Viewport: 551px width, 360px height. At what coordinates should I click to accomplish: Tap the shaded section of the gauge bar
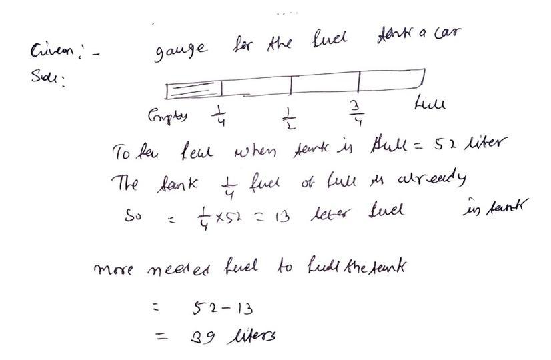pos(194,89)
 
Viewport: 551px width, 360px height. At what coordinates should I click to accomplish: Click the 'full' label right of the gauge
pos(430,104)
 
